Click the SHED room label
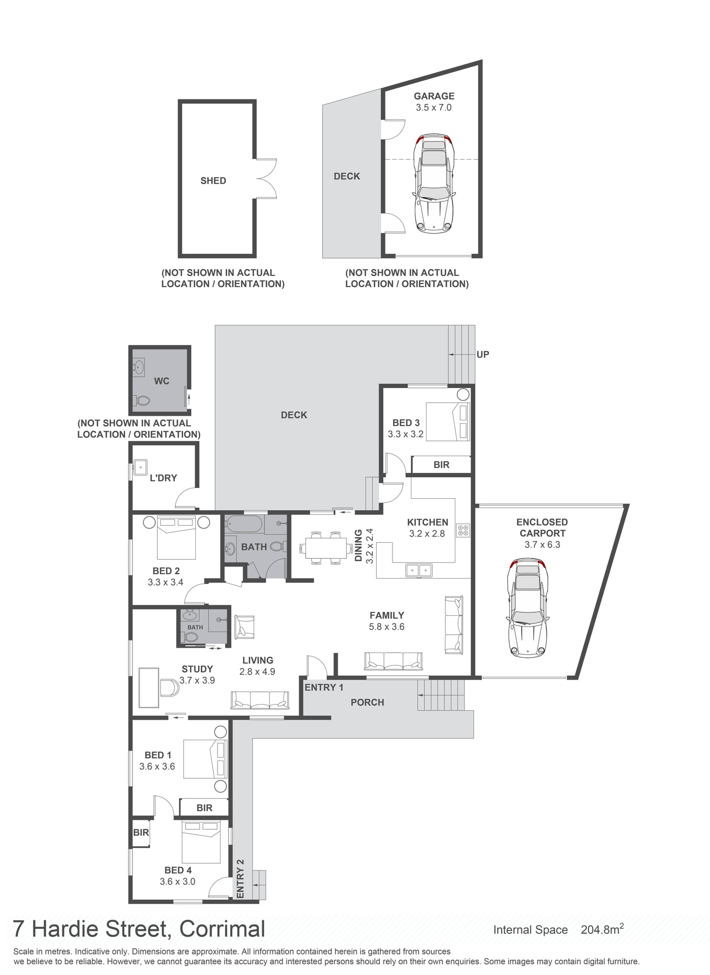click(x=213, y=181)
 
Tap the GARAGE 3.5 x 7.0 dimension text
click(x=434, y=108)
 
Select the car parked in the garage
click(x=434, y=184)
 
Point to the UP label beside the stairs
click(x=483, y=355)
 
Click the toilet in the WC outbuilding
click(x=141, y=401)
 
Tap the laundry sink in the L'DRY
click(x=140, y=466)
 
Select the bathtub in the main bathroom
click(x=244, y=524)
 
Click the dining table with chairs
click(x=326, y=548)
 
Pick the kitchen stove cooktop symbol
click(x=463, y=530)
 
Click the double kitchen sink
click(x=419, y=570)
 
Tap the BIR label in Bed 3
click(x=441, y=465)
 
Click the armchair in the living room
click(x=244, y=627)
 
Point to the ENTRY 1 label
click(x=324, y=687)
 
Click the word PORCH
click(x=367, y=703)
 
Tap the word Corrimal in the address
click(x=223, y=929)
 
